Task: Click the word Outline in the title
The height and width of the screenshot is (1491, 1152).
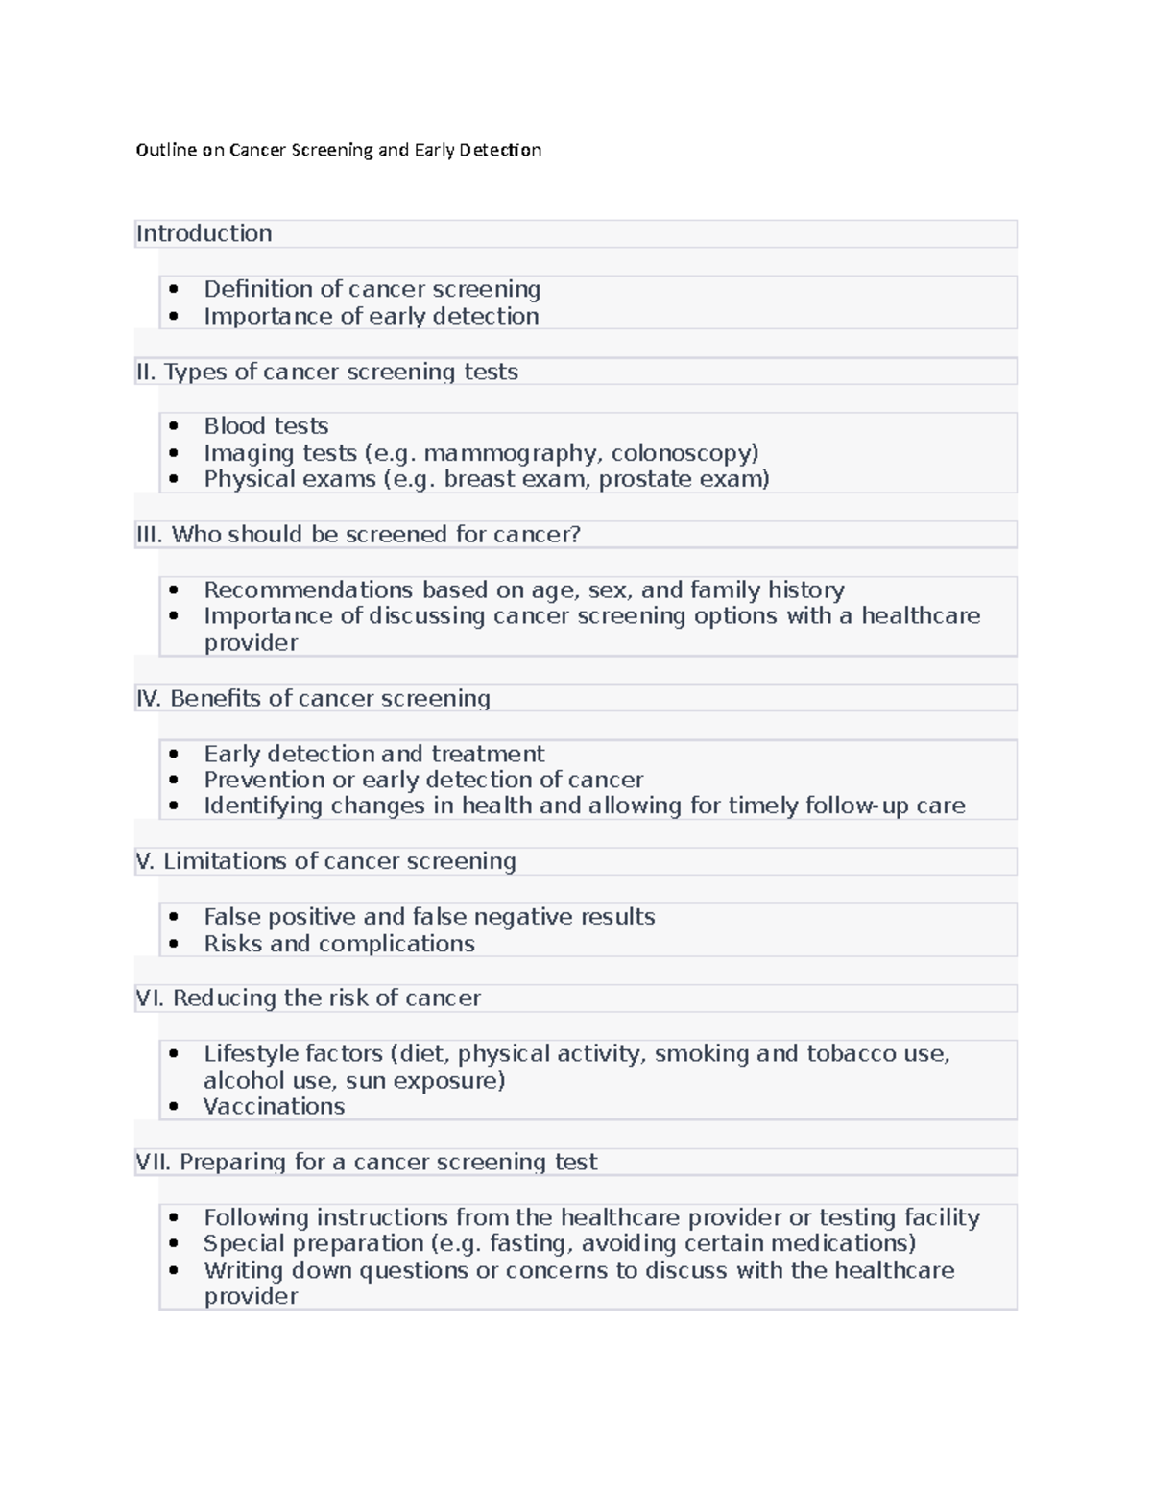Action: coord(166,150)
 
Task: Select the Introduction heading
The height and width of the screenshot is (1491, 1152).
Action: coord(204,233)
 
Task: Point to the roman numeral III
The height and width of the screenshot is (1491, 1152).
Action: coord(149,535)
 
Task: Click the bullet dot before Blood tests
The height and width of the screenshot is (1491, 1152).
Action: coord(173,426)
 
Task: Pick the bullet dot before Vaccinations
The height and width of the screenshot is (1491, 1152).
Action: coord(173,1107)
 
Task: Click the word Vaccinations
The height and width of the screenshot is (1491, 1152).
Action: coord(274,1107)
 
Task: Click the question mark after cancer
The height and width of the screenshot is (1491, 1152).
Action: coord(575,535)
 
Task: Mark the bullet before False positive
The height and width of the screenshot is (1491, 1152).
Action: coord(173,917)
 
